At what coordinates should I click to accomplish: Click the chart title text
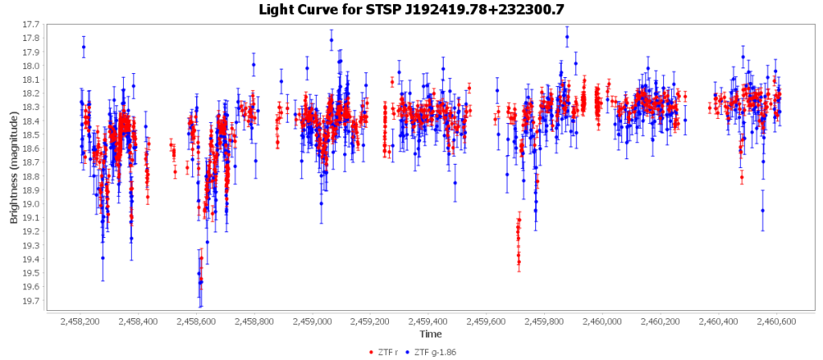(411, 10)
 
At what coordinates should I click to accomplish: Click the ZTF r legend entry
(390, 352)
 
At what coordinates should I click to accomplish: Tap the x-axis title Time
(429, 333)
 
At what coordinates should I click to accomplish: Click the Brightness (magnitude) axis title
(14, 163)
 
